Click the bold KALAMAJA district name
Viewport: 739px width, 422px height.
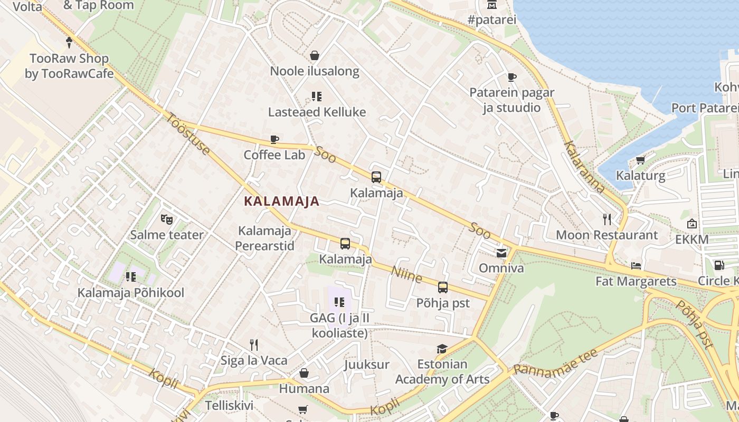point(282,201)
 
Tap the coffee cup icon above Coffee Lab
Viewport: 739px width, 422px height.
point(274,140)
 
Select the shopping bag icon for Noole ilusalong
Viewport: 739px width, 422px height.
point(315,55)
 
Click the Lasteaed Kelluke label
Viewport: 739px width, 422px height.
point(317,112)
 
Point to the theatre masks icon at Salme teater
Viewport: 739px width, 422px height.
point(167,219)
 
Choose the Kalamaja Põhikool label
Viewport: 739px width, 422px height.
point(131,292)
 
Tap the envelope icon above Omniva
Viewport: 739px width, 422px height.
point(501,253)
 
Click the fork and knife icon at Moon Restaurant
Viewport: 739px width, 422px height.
point(607,219)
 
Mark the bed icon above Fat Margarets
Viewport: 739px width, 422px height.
point(636,265)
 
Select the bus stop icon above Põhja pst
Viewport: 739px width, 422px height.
point(443,287)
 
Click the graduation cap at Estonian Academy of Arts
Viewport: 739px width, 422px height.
point(442,349)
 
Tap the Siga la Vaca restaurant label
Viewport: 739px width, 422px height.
point(254,361)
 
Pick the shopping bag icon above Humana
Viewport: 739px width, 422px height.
point(304,373)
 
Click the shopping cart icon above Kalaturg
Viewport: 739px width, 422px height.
point(641,160)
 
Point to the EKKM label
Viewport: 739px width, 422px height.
point(692,239)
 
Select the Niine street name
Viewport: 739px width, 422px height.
point(406,274)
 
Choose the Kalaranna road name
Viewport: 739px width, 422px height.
point(584,167)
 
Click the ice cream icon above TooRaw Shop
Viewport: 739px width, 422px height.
point(69,43)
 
